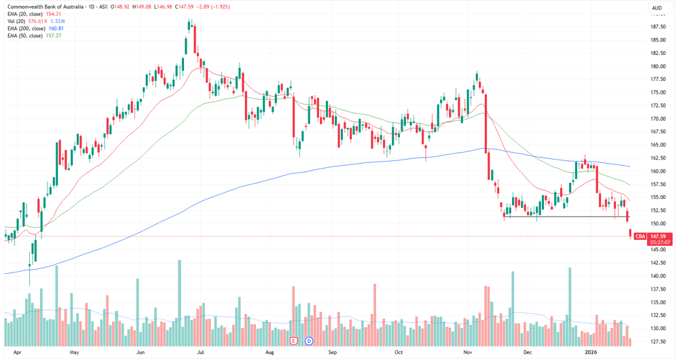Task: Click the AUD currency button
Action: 657,7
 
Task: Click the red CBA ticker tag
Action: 640,236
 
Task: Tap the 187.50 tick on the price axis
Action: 658,27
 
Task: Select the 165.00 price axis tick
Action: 658,145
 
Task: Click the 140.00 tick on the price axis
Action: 658,276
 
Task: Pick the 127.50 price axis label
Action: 658,342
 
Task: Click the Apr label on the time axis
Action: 17,353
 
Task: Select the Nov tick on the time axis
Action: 468,353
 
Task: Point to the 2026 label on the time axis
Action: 591,353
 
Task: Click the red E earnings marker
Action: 294,341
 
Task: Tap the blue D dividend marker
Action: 309,341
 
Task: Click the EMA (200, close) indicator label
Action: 26,29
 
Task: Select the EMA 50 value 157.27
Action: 54,35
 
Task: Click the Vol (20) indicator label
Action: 16,21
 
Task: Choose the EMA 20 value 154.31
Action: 54,14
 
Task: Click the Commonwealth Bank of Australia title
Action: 45,7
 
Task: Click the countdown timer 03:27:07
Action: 660,242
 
